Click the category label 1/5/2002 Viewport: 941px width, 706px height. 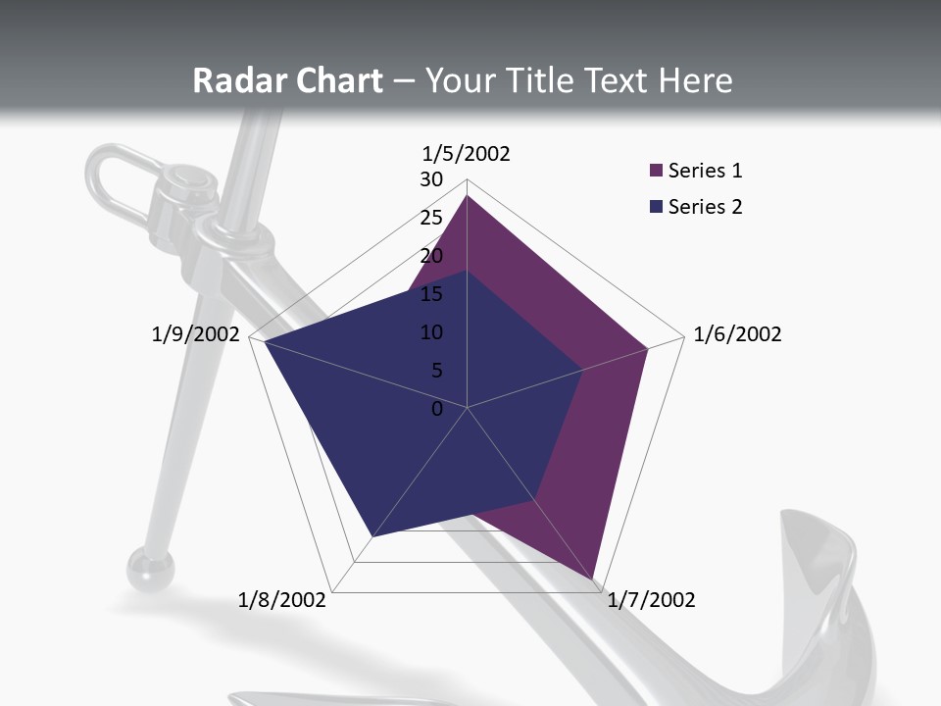(467, 154)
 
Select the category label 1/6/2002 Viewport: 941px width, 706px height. (737, 334)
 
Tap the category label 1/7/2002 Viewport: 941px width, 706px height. (651, 600)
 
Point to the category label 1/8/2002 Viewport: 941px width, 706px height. (282, 600)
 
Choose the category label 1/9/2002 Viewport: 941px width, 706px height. (196, 334)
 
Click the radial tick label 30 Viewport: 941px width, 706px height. (431, 179)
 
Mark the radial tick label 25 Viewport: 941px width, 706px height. (431, 218)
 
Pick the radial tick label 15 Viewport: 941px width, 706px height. (431, 294)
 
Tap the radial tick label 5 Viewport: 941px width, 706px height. (436, 371)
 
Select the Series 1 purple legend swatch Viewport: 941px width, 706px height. (657, 172)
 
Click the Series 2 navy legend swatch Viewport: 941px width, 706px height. (657, 207)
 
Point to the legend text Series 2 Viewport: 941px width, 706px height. (705, 207)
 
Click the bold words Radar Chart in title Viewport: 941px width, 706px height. (287, 80)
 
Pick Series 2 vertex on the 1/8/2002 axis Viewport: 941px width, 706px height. (372, 536)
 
